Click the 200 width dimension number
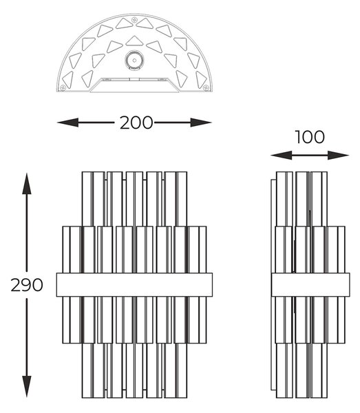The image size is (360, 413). (x=136, y=123)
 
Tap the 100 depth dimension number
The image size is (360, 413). (x=310, y=137)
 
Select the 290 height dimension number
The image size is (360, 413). (x=27, y=285)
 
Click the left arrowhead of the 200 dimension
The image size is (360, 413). (x=67, y=123)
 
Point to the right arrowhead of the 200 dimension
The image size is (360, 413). (x=201, y=123)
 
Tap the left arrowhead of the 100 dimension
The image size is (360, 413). (x=282, y=156)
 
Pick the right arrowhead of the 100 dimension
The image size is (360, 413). (x=339, y=156)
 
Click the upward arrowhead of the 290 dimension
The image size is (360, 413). (x=27, y=184)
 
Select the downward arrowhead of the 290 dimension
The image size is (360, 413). (x=27, y=386)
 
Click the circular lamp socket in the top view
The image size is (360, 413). (x=135, y=61)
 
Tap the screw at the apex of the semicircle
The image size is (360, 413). (x=135, y=19)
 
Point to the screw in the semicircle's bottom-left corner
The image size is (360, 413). (x=63, y=87)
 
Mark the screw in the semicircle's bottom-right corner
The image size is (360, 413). (x=206, y=87)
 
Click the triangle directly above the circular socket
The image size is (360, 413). (x=134, y=41)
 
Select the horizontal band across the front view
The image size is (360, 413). (x=134, y=285)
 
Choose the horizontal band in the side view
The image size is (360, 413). (x=310, y=285)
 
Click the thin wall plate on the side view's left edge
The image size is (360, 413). (x=274, y=285)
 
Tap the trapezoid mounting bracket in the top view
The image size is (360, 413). (x=135, y=85)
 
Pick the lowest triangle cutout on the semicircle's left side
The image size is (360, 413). (x=67, y=80)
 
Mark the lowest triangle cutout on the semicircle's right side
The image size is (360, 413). (x=201, y=80)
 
